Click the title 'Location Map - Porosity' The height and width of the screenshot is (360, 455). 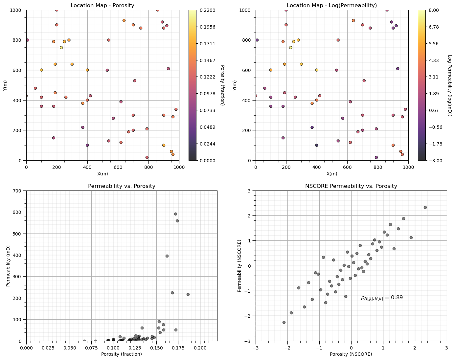102,5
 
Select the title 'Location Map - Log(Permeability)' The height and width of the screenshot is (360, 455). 332,5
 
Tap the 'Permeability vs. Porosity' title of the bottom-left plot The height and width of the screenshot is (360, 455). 122,186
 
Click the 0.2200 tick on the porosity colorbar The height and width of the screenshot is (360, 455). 207,11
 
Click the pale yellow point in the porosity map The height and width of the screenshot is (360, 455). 61,48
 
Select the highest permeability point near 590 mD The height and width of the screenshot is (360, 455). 175,214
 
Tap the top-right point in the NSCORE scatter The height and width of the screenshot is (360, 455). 425,207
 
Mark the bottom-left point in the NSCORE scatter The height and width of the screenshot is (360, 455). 284,322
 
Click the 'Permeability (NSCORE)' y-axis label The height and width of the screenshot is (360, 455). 239,266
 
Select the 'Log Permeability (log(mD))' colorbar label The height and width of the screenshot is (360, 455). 450,85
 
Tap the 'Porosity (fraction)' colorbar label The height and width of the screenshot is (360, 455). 222,85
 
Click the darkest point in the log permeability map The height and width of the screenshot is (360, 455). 316,145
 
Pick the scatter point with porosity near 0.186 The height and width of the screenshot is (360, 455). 188,294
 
